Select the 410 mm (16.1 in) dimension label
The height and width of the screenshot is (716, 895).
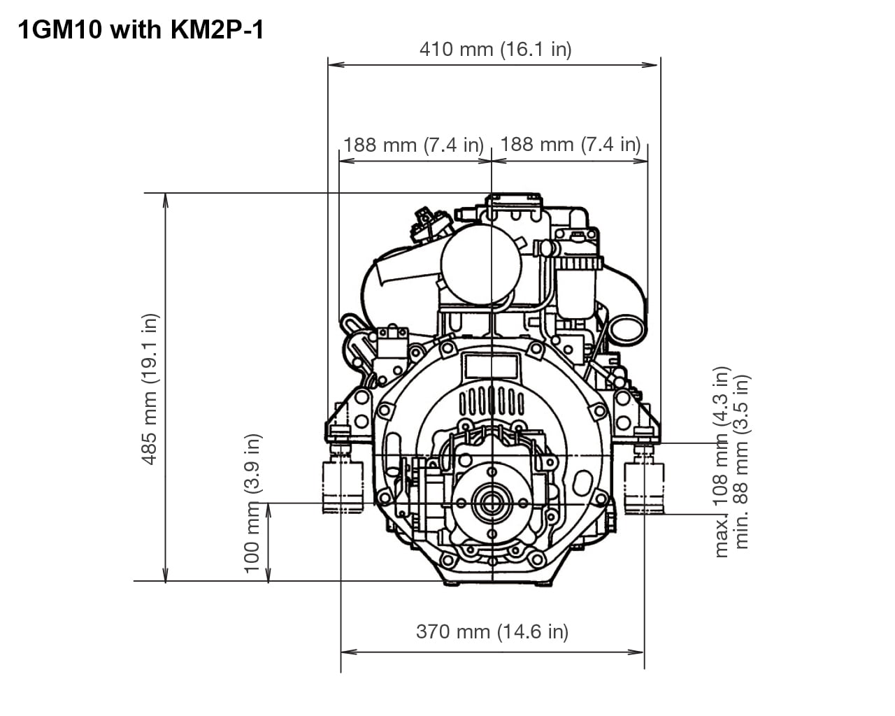click(495, 49)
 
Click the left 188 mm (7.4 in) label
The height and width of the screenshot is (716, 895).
click(413, 145)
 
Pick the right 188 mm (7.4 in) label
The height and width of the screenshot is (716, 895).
click(571, 144)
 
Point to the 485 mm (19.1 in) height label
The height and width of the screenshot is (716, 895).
click(150, 389)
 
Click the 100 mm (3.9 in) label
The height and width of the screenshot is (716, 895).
click(252, 503)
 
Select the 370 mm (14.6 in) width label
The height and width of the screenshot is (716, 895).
click(492, 631)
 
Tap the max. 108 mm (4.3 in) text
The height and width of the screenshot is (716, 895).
click(721, 461)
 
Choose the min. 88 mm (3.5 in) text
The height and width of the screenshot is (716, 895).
click(742, 461)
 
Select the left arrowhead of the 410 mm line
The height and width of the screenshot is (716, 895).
click(331, 64)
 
